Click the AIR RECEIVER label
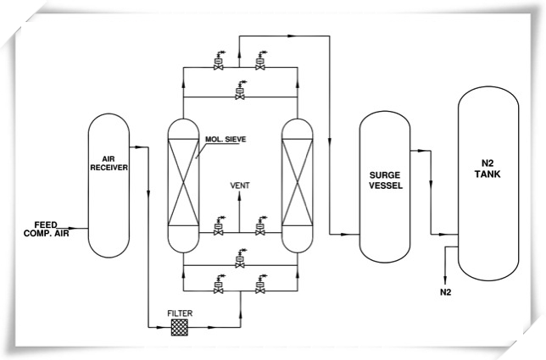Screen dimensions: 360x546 tap(109, 163)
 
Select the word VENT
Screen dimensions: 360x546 tap(241, 185)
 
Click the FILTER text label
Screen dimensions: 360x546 tap(180, 313)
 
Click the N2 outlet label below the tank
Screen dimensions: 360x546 tap(446, 292)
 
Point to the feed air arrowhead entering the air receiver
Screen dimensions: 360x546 tap(83, 228)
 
